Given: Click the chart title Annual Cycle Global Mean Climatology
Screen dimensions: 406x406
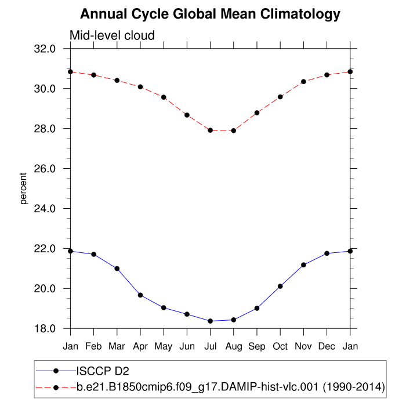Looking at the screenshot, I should (210, 13).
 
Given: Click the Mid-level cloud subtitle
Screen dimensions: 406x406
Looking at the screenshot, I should (112, 35).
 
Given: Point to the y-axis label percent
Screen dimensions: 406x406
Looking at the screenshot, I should (24, 188).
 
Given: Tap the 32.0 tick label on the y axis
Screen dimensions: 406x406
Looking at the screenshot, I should (45, 49).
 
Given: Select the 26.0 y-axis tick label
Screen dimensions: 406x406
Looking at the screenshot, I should (45, 169).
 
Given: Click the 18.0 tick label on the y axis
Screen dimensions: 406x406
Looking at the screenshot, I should (45, 329).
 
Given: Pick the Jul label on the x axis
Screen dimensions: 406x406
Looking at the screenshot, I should (210, 346).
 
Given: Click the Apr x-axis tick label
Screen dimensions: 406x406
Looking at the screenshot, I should (140, 346).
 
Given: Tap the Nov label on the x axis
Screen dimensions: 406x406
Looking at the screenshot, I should (303, 346).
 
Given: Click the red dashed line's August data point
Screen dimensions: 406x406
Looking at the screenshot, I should (234, 130).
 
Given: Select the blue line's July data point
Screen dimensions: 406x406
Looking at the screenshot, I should (210, 321).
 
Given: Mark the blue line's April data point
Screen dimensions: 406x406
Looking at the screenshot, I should (140, 295).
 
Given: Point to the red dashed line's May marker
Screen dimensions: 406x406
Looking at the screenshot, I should (164, 97).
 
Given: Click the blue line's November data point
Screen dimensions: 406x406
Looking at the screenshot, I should (303, 265).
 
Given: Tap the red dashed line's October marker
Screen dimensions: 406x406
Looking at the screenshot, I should (280, 97).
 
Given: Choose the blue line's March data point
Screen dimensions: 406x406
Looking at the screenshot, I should (117, 269).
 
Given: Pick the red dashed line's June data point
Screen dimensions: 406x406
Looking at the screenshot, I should (187, 115).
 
